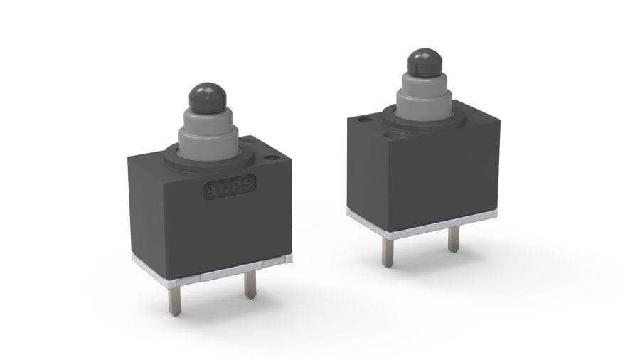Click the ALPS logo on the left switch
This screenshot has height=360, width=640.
coord(230,187)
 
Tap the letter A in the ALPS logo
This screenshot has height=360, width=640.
coord(211,191)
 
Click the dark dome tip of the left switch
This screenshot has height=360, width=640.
coord(208,98)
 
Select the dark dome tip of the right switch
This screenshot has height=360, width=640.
coord(425,63)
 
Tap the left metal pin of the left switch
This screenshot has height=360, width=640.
coord(175,300)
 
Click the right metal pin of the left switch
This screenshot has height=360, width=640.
coord(250,285)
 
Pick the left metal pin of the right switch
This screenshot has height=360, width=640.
coord(388,253)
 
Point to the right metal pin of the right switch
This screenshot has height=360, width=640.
coord(454,239)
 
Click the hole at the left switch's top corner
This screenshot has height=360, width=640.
coord(270,157)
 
